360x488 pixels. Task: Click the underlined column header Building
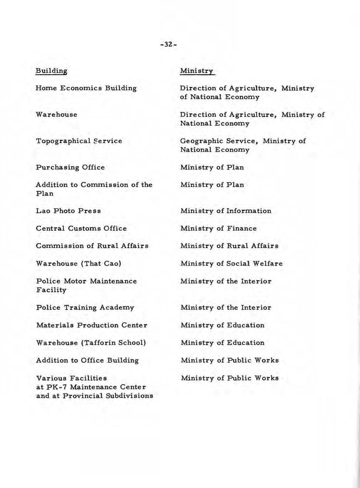coord(51,71)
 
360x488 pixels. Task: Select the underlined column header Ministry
coord(197,71)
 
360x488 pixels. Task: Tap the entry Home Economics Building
coord(86,88)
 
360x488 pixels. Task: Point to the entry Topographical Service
coord(79,141)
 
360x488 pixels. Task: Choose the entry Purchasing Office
coord(70,167)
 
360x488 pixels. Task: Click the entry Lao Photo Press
coord(68,211)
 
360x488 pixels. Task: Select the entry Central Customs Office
coord(81,228)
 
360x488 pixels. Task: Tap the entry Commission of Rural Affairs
coord(92,246)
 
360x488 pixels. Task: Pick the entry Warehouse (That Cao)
coord(79,263)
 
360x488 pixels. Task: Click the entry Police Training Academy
coord(85,308)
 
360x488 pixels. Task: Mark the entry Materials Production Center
coord(92,325)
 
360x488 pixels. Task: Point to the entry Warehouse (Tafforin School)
coord(91,343)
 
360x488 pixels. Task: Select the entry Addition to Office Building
coord(87,360)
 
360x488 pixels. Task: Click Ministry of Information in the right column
coord(226,211)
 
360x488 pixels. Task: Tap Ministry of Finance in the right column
coord(218,228)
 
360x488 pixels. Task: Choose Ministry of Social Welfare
coord(232,263)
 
